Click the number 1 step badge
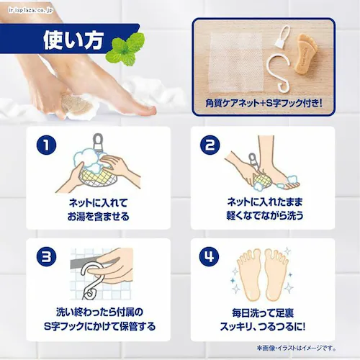47,146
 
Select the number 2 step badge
211,146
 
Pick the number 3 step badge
47,256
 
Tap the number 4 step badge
211,256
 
